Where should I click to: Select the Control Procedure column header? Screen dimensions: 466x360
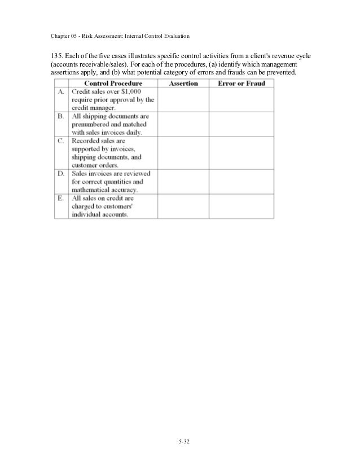click(x=113, y=83)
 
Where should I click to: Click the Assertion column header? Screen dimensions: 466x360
click(x=183, y=83)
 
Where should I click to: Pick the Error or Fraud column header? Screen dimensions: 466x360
click(x=240, y=83)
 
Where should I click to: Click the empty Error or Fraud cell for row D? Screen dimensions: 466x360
click(x=241, y=182)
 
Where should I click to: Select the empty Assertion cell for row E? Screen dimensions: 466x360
click(x=183, y=206)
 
